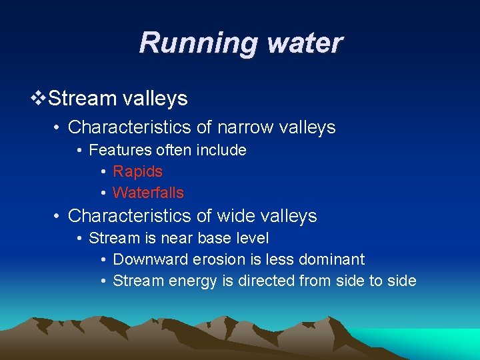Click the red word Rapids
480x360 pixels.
[137, 171]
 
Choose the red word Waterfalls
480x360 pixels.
[148, 193]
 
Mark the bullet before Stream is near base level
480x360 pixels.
[79, 239]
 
